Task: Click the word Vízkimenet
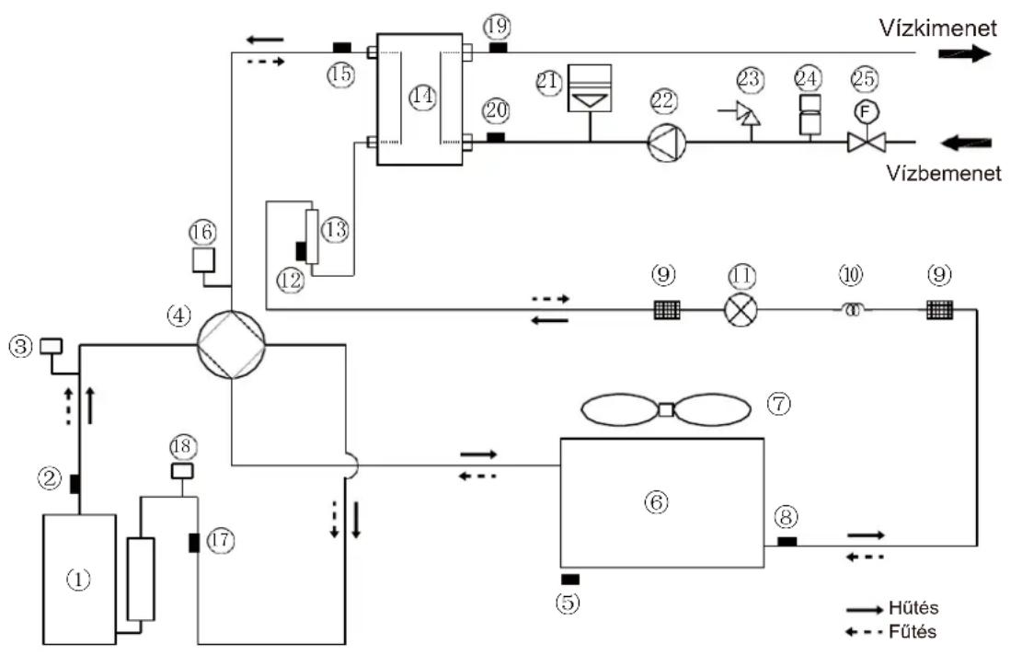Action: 938,28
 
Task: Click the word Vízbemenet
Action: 943,173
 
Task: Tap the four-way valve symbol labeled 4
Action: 231,345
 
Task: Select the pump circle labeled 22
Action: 667,141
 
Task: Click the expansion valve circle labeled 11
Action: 741,310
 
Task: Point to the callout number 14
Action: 422,97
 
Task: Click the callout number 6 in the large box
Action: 657,502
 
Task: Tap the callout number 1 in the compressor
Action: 79,580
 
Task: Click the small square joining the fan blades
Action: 666,409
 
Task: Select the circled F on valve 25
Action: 866,112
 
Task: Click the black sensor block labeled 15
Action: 341,47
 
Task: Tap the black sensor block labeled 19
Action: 497,47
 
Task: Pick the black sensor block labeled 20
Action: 495,137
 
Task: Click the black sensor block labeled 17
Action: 193,543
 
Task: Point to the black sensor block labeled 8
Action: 787,541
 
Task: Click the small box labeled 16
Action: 203,259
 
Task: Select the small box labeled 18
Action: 182,471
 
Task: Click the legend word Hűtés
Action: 913,607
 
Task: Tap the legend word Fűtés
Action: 913,631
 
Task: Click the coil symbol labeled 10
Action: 852,310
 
